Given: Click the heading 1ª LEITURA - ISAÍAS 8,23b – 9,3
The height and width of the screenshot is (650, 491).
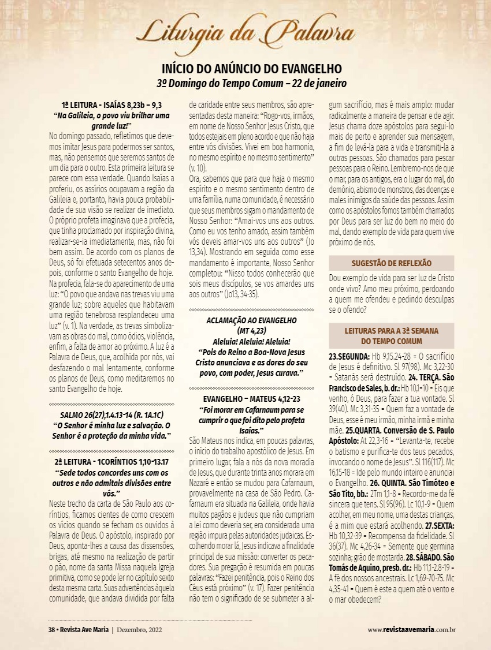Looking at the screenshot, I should (x=111, y=105).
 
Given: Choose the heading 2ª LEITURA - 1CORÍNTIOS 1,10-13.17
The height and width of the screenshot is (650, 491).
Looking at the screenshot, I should (x=111, y=462).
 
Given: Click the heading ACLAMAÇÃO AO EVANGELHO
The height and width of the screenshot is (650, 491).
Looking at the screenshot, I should (x=251, y=320).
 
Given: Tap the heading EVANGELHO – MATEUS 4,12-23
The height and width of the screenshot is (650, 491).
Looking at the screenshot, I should (x=251, y=399).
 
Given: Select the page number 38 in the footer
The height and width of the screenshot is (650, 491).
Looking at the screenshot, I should (x=51, y=629).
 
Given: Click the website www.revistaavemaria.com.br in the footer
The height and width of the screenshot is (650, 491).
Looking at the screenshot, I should (x=412, y=629).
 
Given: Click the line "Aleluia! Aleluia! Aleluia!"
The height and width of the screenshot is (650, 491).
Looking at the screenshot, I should (x=251, y=341).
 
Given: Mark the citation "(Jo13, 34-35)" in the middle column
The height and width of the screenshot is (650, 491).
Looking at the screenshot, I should (x=236, y=294).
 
